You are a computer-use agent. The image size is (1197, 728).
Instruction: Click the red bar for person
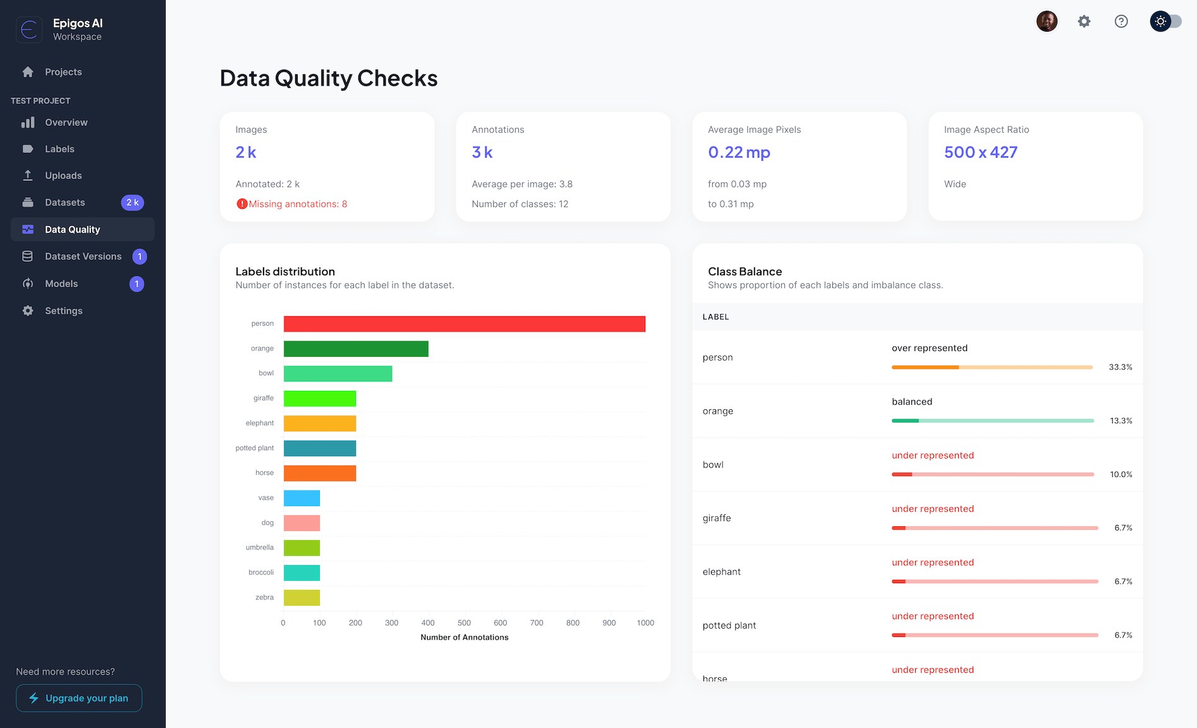(464, 324)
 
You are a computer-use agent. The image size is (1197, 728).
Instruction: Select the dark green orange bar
(356, 349)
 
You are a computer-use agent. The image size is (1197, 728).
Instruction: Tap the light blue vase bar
(301, 498)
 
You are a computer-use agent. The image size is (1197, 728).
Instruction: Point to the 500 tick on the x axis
(464, 623)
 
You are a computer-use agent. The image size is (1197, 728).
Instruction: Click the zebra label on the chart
(264, 597)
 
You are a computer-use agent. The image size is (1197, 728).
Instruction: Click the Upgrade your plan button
(79, 698)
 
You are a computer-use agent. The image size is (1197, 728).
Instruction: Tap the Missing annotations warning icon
(241, 204)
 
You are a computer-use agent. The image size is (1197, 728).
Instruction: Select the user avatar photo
(1047, 22)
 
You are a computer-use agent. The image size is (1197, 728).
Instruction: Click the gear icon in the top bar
(1084, 22)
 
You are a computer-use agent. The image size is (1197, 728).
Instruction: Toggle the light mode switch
(1166, 22)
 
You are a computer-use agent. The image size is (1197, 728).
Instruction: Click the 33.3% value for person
(1120, 367)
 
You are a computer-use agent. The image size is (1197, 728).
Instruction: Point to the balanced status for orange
(911, 402)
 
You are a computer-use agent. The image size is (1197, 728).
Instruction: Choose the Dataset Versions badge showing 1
(140, 257)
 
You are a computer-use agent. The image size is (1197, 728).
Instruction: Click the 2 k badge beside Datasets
(133, 202)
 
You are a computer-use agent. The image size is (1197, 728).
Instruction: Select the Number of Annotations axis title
(464, 638)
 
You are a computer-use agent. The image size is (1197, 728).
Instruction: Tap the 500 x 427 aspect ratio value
(980, 152)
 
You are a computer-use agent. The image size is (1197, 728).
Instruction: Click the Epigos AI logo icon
(29, 30)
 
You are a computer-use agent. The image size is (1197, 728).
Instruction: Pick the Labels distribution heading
(285, 271)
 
